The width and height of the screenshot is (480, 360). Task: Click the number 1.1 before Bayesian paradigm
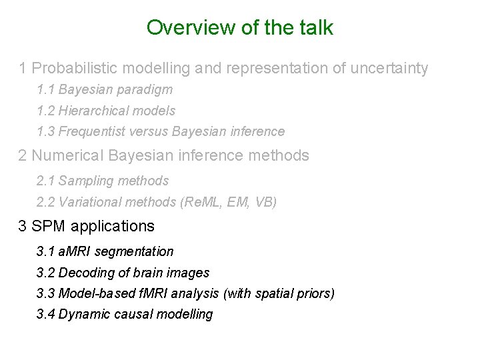pos(46,89)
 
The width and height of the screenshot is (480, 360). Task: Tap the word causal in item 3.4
pos(131,314)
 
